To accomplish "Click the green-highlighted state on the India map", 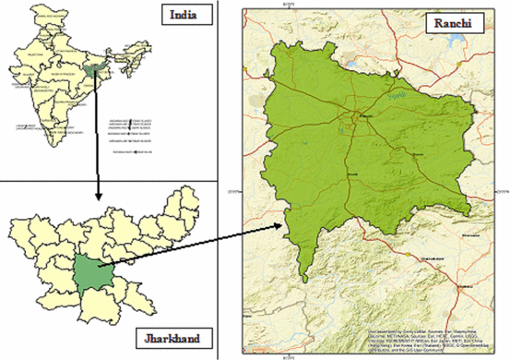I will (89, 68).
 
